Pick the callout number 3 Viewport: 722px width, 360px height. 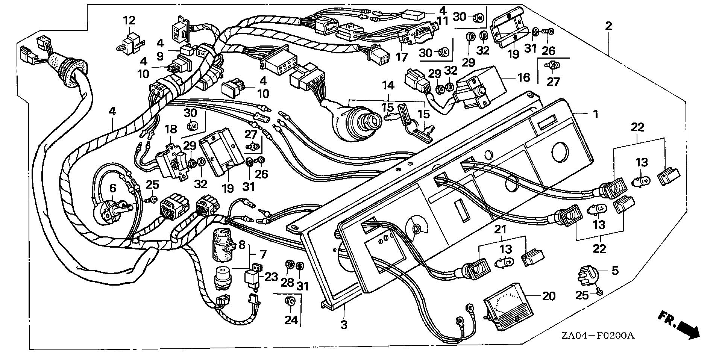click(x=344, y=325)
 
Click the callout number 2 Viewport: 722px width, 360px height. click(x=608, y=26)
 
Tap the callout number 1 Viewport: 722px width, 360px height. click(x=595, y=113)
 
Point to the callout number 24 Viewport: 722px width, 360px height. click(x=291, y=320)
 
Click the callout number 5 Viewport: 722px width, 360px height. click(x=615, y=271)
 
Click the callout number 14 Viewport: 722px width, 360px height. click(x=388, y=86)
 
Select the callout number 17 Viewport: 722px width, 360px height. click(x=402, y=57)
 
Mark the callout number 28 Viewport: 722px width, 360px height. click(x=288, y=282)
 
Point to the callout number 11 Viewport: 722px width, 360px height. click(x=443, y=21)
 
